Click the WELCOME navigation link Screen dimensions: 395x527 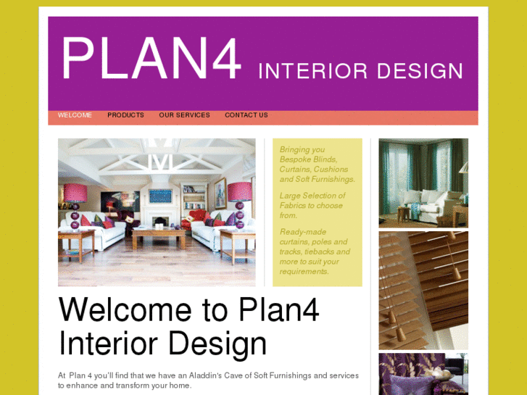tap(75, 115)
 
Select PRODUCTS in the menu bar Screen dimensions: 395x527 tap(125, 115)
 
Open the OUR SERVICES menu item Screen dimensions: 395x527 tap(184, 115)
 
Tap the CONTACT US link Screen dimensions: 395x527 tap(246, 115)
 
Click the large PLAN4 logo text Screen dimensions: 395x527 tap(151, 59)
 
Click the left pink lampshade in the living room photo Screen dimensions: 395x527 tap(74, 193)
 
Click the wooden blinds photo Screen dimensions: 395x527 tap(423, 290)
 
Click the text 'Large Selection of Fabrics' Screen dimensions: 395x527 tap(312, 201)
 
